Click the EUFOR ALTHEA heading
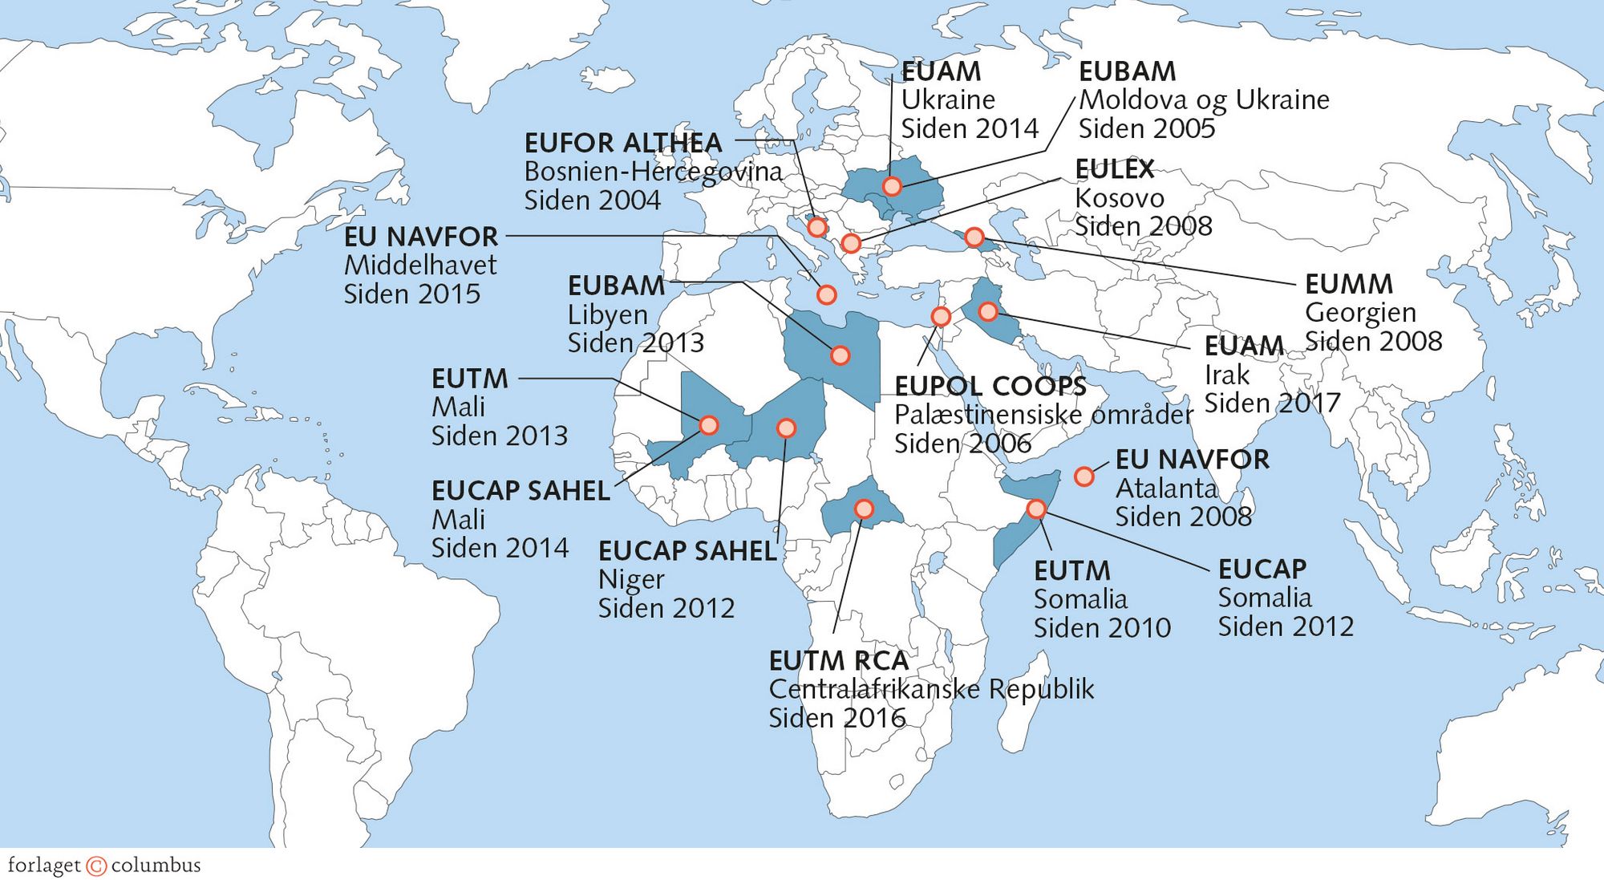coord(623,144)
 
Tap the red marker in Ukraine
coord(892,187)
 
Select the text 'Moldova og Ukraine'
coord(1204,100)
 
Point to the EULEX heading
coord(1115,169)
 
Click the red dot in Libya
coord(840,355)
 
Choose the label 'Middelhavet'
coord(420,266)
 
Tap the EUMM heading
coord(1349,284)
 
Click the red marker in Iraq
coord(987,311)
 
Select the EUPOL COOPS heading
coord(990,387)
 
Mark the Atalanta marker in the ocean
coord(1084,476)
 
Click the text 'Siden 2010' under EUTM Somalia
coord(1102,628)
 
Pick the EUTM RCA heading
coord(839,661)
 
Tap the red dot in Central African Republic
coord(864,509)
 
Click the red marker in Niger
coord(786,428)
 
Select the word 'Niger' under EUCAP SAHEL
coord(631,579)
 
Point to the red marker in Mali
coord(709,425)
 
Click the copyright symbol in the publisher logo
coord(96,866)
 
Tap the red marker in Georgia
coord(974,237)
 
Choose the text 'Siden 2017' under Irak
coord(1272,404)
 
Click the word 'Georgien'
coord(1360,313)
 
